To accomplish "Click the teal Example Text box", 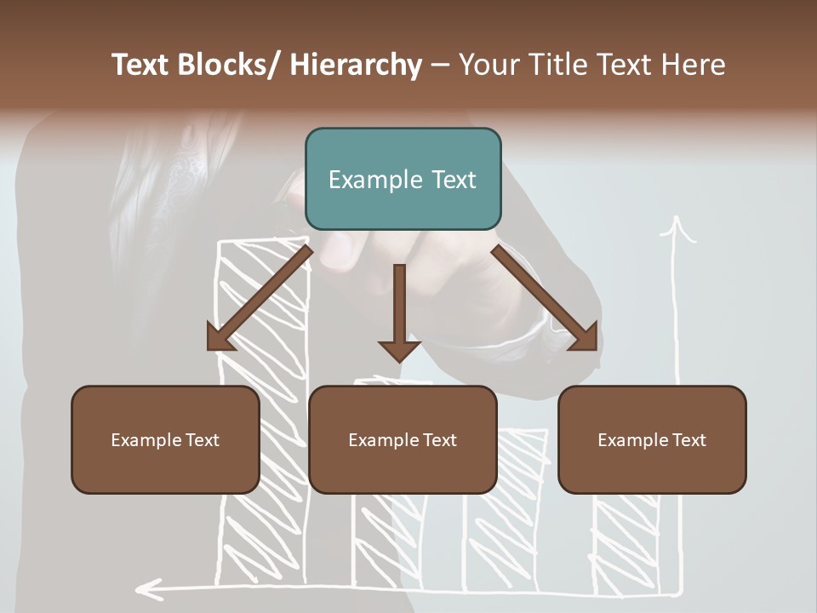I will pyautogui.click(x=403, y=179).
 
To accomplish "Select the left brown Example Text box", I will pyautogui.click(x=165, y=439).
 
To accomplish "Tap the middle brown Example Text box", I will pyautogui.click(x=403, y=439).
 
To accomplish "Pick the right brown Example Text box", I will pyautogui.click(x=652, y=439).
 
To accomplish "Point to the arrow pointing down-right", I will pyautogui.click(x=546, y=298).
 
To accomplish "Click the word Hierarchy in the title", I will pyautogui.click(x=356, y=65).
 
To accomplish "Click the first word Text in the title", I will pyautogui.click(x=142, y=65).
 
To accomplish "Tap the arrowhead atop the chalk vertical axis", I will pyautogui.click(x=677, y=228).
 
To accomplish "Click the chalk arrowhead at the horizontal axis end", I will pyautogui.click(x=149, y=587).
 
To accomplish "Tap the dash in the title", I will pyautogui.click(x=440, y=65).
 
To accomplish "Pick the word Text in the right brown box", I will pyautogui.click(x=688, y=440).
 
